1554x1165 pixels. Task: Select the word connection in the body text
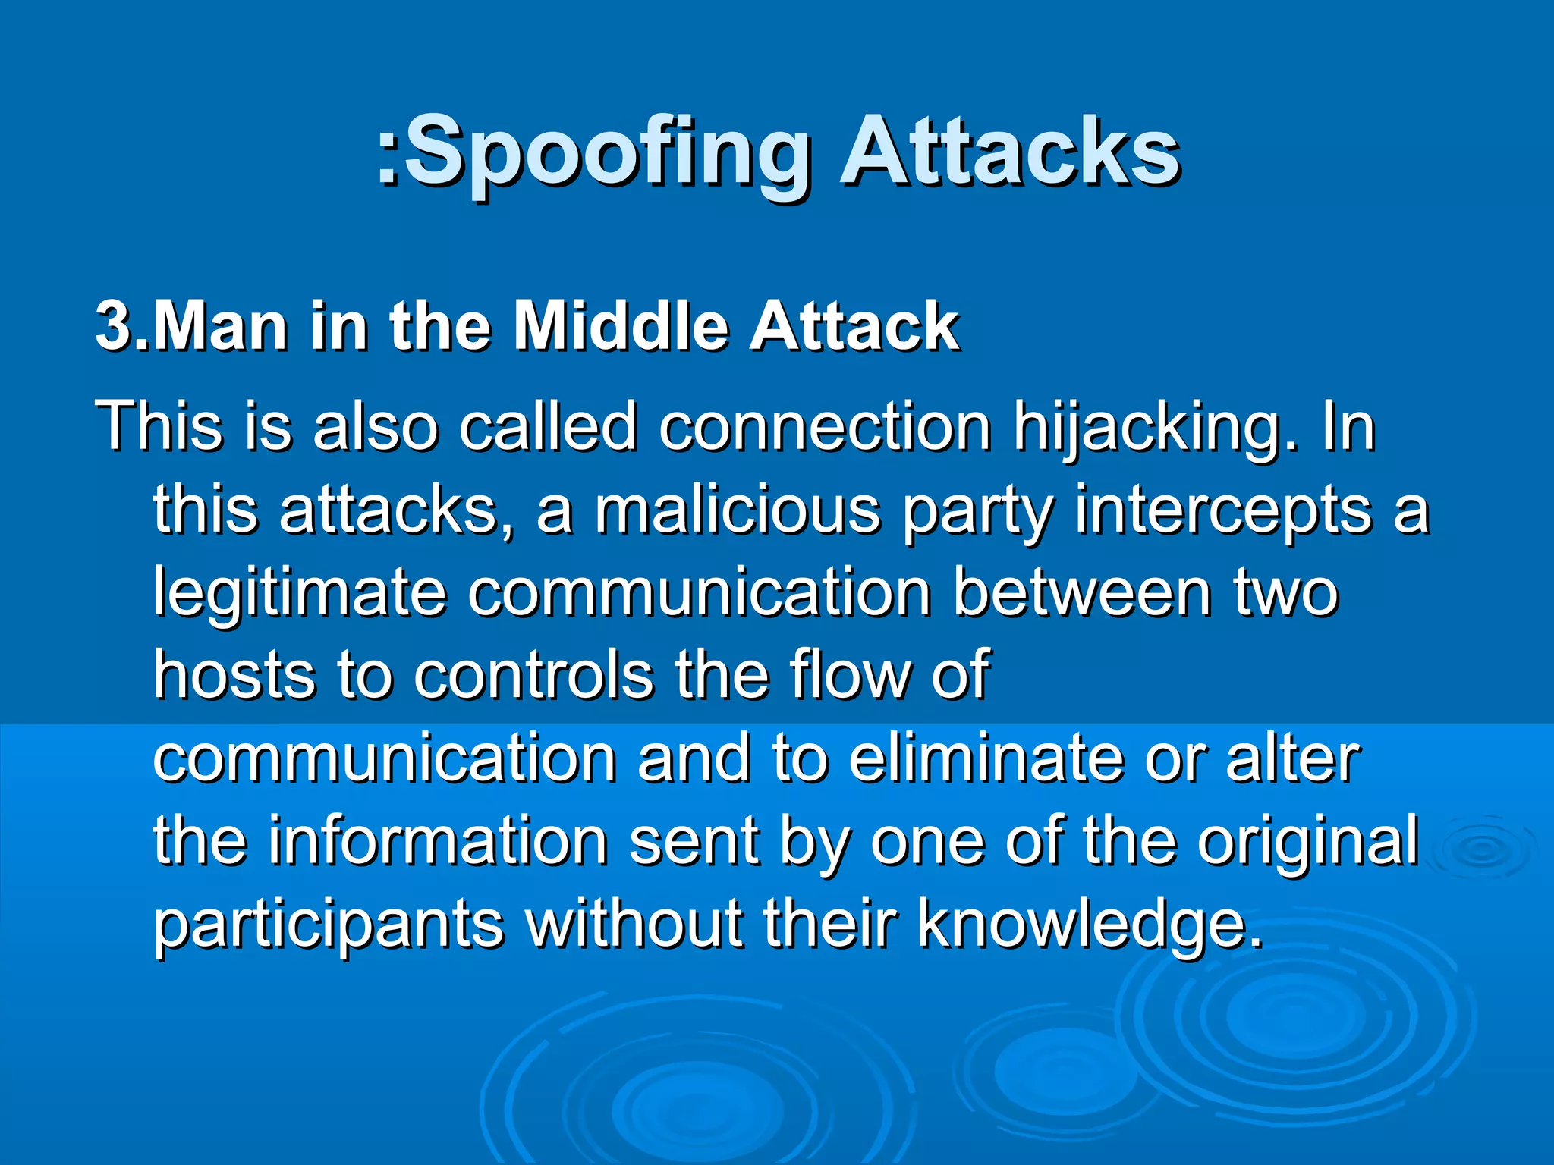click(824, 427)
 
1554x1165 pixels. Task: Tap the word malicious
click(737, 510)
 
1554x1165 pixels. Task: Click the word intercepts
click(1223, 510)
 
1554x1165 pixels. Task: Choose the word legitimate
click(299, 593)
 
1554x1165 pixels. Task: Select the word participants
click(329, 925)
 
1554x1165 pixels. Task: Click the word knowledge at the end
click(1090, 925)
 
